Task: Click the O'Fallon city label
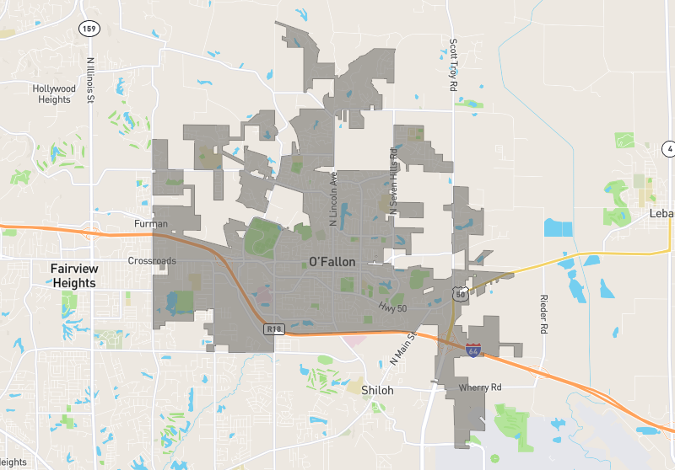tap(332, 262)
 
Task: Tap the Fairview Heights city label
tap(74, 275)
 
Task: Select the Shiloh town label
tap(377, 391)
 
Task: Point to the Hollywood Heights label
tap(55, 93)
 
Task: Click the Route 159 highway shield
tap(89, 29)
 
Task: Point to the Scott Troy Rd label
tap(453, 65)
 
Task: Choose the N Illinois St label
tap(89, 79)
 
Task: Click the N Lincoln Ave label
tap(333, 199)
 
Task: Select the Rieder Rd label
tap(544, 313)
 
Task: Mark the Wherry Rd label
tap(480, 387)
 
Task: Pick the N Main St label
tap(403, 348)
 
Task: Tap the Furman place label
tap(151, 224)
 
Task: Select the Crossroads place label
tap(152, 261)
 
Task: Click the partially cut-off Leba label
tap(661, 214)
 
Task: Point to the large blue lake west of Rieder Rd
tap(558, 227)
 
